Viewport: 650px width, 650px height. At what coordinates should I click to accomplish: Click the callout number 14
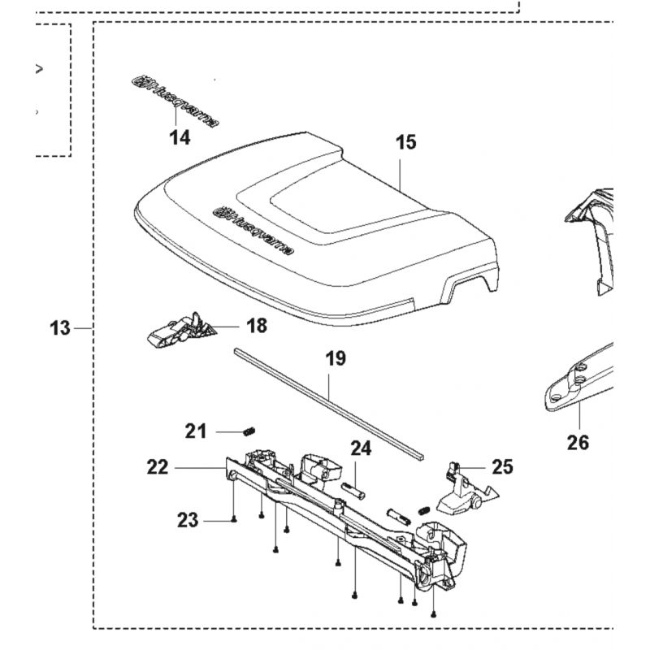[x=180, y=137]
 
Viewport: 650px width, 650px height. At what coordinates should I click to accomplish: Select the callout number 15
[x=405, y=142]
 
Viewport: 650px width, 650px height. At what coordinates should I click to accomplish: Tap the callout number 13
[x=60, y=328]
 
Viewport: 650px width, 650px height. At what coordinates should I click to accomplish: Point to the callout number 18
[x=257, y=326]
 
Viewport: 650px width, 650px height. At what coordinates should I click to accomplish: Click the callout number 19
[x=336, y=358]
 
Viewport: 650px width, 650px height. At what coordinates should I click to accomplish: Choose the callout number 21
[x=196, y=431]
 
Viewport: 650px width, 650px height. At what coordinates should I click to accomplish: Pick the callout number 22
[x=158, y=468]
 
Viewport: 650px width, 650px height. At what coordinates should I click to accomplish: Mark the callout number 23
[x=188, y=520]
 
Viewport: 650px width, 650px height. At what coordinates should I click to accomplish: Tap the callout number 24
[x=361, y=448]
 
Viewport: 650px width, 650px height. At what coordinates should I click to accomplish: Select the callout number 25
[x=502, y=467]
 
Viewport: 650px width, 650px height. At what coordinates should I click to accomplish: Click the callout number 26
[x=578, y=443]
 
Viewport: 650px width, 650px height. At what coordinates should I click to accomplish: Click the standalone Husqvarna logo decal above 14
[x=175, y=101]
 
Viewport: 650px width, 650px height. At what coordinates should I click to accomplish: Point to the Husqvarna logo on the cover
[x=253, y=231]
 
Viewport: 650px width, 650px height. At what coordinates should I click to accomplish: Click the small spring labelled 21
[x=249, y=431]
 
